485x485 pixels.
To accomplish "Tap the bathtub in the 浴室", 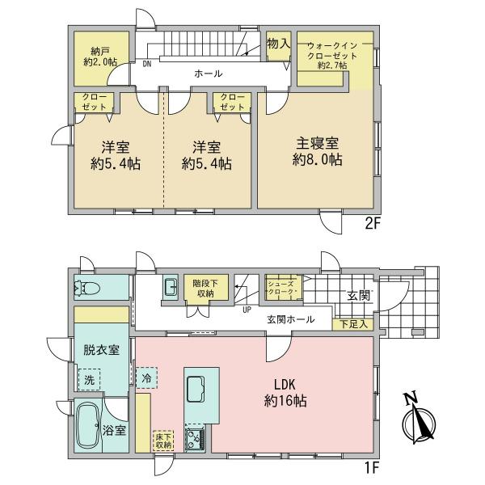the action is coord(89,425).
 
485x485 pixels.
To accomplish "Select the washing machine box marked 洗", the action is coord(89,379).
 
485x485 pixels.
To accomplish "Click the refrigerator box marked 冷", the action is coord(146,377).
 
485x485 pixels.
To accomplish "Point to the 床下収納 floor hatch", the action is coord(163,441).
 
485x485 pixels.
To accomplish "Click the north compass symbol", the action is coord(418,420).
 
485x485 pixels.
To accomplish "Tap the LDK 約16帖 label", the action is coord(285,393).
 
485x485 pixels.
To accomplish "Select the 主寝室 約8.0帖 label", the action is coord(317,152).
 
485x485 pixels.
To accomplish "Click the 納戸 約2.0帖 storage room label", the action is coord(100,57).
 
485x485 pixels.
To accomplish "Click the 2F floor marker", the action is coord(372,224).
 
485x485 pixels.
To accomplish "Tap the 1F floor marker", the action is coord(372,468).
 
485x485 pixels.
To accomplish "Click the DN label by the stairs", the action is coord(147,65).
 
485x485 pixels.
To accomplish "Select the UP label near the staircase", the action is coord(247,310).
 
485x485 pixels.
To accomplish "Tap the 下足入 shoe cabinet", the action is coord(353,324).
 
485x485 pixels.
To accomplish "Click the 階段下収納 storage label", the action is coord(205,289).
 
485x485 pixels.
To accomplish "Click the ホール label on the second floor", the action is coord(209,74).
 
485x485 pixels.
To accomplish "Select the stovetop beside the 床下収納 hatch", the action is coord(195,439).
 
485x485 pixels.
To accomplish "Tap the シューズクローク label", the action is coord(280,288).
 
